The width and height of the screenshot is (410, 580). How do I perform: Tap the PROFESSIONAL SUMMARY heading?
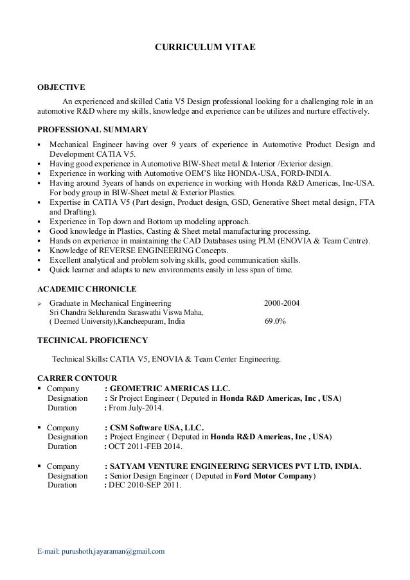coord(93,128)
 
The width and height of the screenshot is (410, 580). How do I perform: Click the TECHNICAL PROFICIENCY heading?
coord(93,340)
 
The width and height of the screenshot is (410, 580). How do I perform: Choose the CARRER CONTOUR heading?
coord(78,377)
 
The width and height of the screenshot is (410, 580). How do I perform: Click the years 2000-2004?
coord(282,303)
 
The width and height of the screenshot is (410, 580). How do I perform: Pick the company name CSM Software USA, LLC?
coord(157,427)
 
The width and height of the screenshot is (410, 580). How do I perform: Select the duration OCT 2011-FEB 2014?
coord(145,446)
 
